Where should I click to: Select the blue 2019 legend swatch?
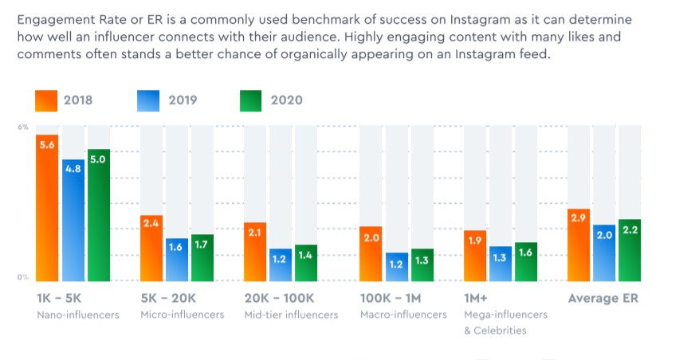click(149, 100)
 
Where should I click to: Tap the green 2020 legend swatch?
click(251, 100)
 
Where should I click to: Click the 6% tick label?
click(23, 127)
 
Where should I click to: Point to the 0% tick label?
click(23, 277)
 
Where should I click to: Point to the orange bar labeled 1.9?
click(475, 256)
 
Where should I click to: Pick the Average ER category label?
click(604, 299)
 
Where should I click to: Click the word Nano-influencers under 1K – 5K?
click(77, 315)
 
